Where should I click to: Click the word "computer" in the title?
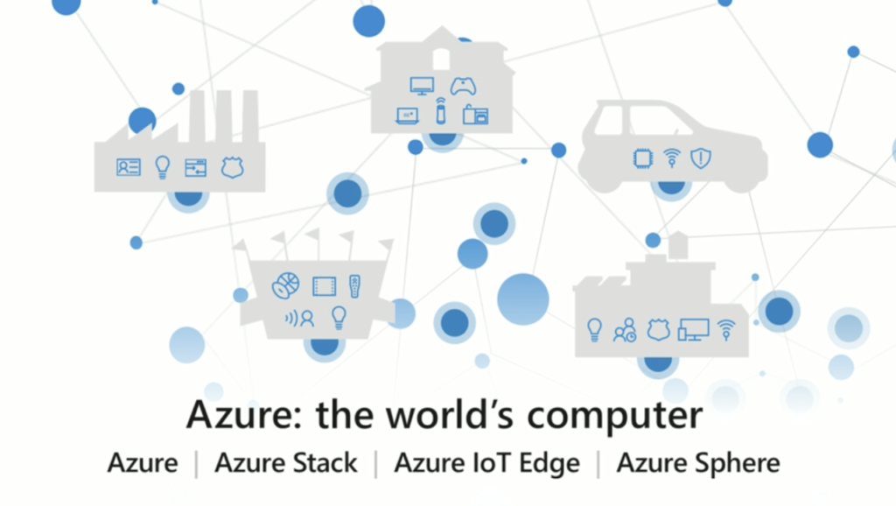coord(616,415)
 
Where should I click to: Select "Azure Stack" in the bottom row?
coord(286,462)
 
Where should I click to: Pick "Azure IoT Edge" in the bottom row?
coord(486,462)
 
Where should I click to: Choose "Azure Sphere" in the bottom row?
coord(697,462)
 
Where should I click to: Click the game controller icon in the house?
coord(463,86)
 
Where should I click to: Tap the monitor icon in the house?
coord(423,86)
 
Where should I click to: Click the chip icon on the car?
coord(643,158)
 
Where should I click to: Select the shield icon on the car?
coord(700,158)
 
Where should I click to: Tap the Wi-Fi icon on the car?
coord(671,158)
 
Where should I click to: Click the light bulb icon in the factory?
coord(162,166)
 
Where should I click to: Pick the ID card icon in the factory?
coord(128,167)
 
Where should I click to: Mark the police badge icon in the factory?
coord(231,167)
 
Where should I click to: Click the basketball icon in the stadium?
coord(286,285)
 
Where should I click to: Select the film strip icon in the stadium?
coord(325,285)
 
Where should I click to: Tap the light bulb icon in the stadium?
coord(339,317)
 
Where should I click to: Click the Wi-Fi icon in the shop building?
coord(725,330)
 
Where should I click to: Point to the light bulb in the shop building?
coord(595,330)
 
